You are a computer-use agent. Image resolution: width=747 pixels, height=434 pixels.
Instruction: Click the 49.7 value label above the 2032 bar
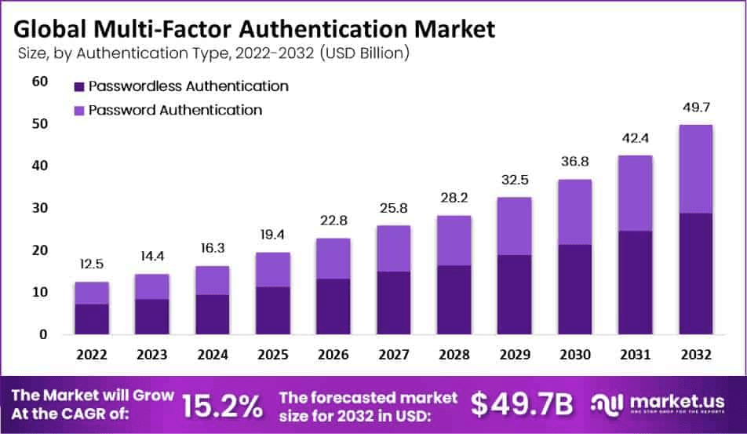click(x=694, y=108)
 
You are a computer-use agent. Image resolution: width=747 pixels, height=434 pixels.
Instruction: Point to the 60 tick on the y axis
click(x=39, y=82)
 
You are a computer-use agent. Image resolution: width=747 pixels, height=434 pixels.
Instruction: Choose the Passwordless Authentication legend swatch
click(x=79, y=86)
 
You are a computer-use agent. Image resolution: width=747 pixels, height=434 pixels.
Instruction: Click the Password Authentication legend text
click(x=175, y=110)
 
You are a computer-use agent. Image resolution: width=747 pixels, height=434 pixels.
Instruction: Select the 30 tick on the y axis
click(x=39, y=208)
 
